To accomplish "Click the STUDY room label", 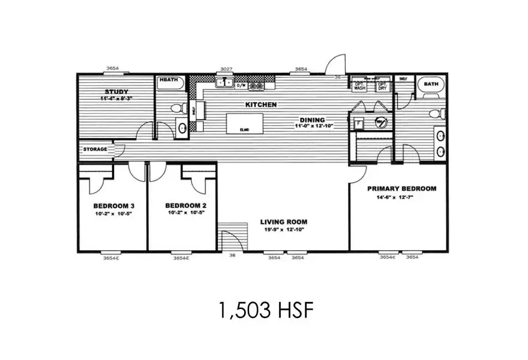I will [116, 92].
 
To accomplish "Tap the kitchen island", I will [244, 123].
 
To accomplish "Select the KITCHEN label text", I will [260, 104].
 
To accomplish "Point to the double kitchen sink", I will [225, 85].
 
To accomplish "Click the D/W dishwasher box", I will [241, 85].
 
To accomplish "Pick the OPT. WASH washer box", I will [359, 85].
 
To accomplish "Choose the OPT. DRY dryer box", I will [382, 85].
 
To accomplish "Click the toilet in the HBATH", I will [176, 109].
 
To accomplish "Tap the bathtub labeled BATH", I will [431, 85].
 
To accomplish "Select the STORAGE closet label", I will [95, 149].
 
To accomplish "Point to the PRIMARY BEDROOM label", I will [401, 188].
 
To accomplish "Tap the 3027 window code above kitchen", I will [226, 69].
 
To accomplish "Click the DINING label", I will [313, 119].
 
